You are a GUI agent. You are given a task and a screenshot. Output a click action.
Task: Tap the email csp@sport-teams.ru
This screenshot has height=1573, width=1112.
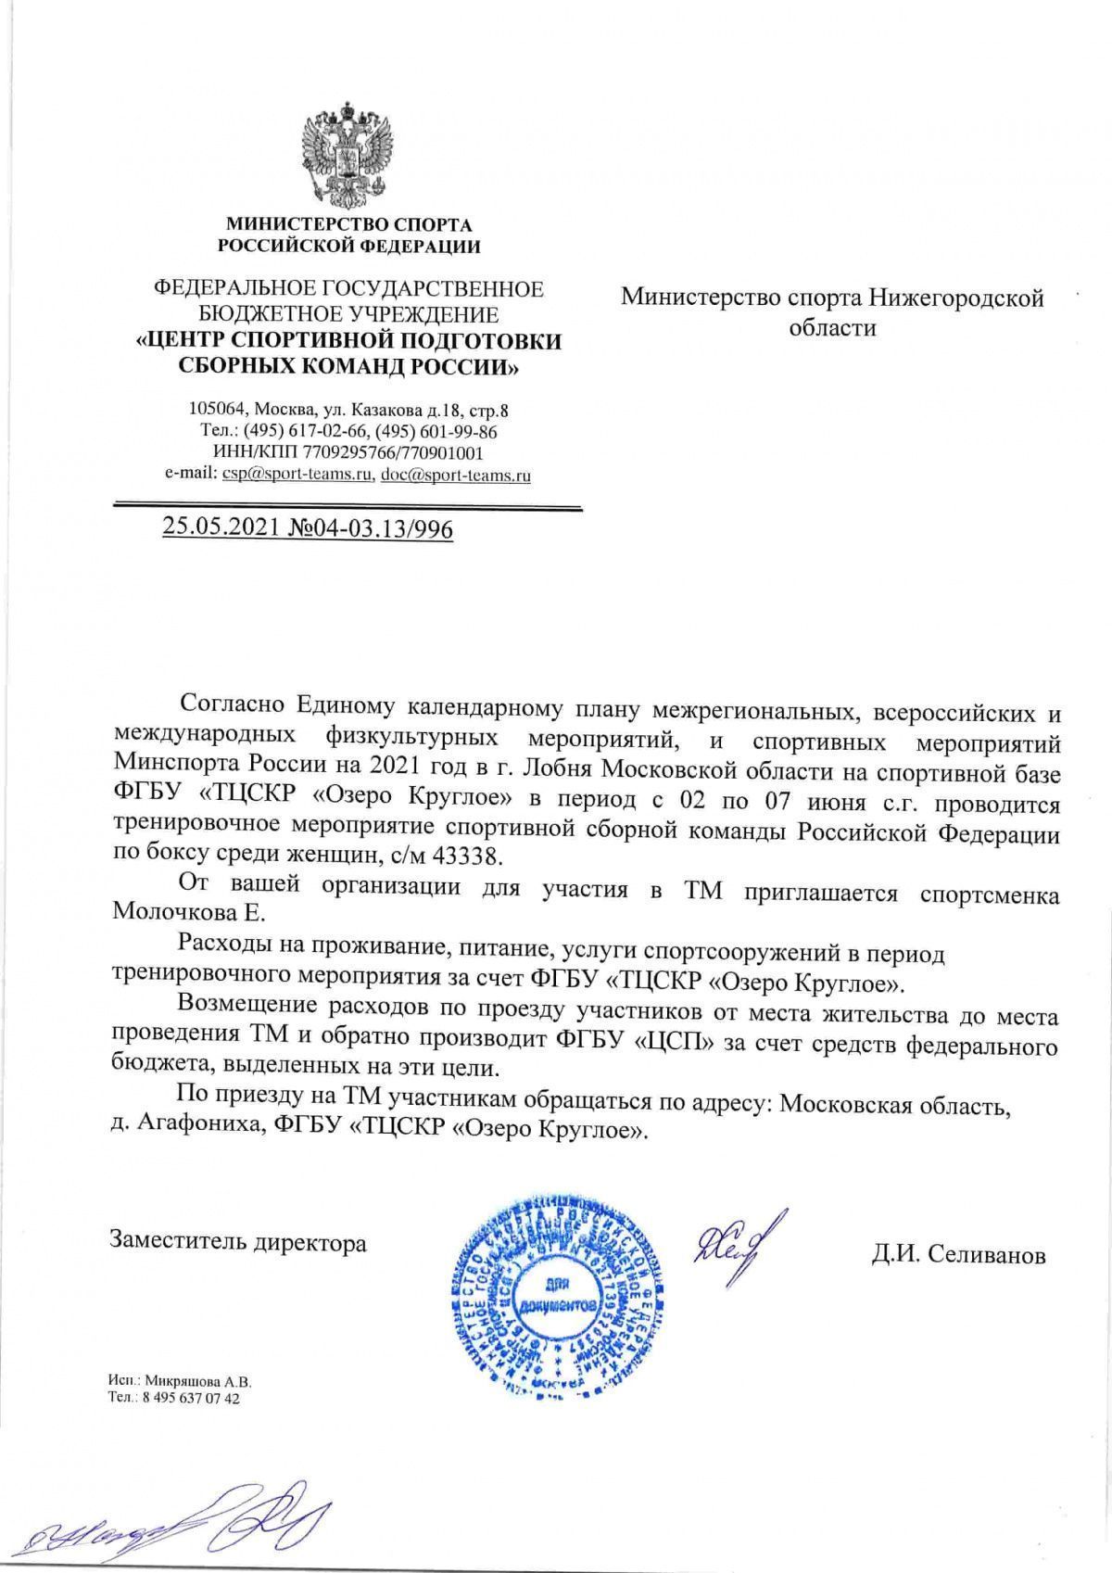click(x=296, y=475)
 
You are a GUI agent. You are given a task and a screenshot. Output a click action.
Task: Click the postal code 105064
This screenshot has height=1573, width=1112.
click(x=218, y=409)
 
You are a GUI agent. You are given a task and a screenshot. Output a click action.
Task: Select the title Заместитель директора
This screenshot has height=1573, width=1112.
click(x=238, y=1242)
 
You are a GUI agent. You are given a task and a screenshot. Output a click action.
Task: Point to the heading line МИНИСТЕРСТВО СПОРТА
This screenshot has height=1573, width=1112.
click(x=349, y=224)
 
